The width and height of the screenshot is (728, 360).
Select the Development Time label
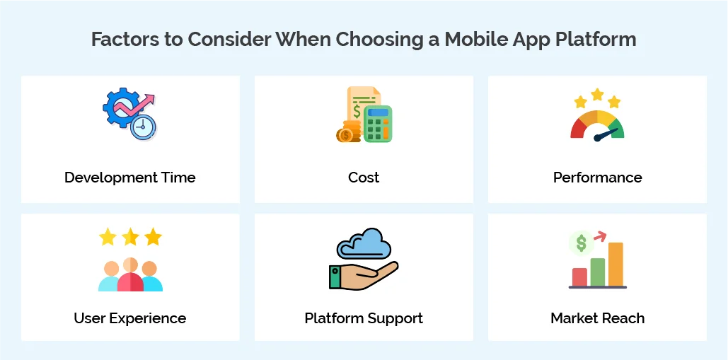click(x=130, y=178)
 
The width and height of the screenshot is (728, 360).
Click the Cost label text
click(x=364, y=178)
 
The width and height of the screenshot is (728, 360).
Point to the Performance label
click(x=597, y=178)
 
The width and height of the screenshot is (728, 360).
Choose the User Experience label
click(x=130, y=318)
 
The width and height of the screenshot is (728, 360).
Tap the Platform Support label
click(x=364, y=318)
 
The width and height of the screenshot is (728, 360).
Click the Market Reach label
click(x=597, y=318)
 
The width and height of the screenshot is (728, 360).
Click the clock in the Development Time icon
click(x=144, y=127)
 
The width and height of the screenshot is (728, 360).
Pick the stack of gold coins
click(x=349, y=132)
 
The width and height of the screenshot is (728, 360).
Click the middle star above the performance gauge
click(x=597, y=95)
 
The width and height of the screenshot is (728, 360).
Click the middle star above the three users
click(x=130, y=237)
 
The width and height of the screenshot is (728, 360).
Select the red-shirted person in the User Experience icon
click(x=130, y=278)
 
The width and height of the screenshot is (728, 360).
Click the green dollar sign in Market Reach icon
click(x=581, y=243)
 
